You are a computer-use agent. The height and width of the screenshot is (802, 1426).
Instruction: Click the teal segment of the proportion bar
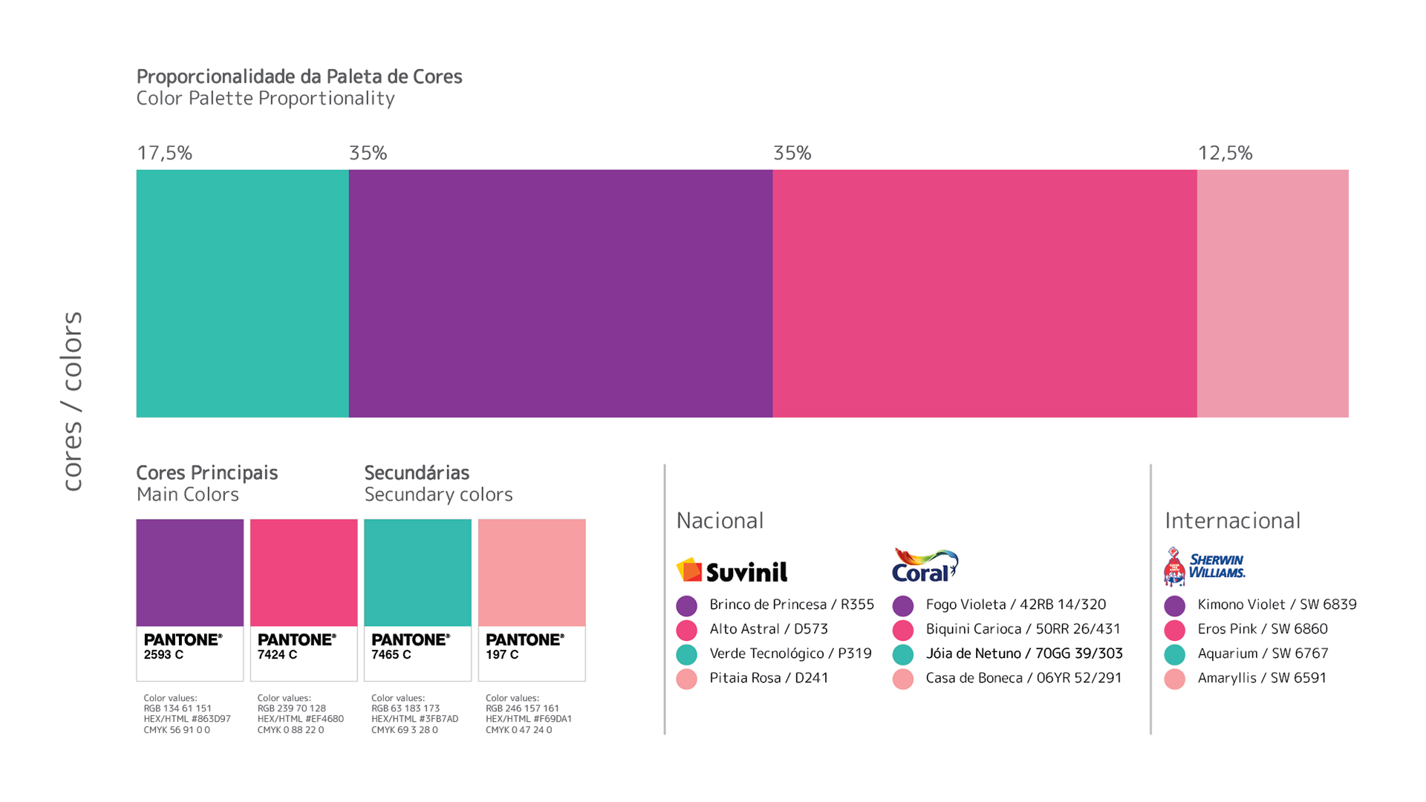(x=242, y=293)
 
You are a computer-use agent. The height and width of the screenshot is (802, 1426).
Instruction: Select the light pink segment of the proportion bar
(x=1272, y=293)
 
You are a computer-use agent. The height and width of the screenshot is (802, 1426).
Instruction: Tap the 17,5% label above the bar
(x=164, y=153)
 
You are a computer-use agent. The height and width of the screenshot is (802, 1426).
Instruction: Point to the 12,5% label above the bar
(x=1225, y=153)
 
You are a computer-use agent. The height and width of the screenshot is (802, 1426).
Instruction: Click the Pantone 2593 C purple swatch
(x=189, y=573)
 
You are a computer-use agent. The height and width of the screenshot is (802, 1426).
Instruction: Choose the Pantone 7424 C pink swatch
(x=304, y=573)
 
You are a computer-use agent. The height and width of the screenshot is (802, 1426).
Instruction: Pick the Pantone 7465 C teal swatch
(x=417, y=573)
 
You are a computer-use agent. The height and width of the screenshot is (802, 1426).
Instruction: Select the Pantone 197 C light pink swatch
(x=532, y=573)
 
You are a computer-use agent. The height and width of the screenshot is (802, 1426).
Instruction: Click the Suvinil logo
(x=732, y=570)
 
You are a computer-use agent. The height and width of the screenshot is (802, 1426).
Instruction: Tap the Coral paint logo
(x=925, y=566)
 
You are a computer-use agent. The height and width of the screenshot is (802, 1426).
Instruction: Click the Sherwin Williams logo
(x=1204, y=567)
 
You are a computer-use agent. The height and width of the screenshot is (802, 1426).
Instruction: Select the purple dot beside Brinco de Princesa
(x=686, y=606)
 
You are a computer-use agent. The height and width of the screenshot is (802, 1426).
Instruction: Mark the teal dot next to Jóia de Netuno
(x=902, y=654)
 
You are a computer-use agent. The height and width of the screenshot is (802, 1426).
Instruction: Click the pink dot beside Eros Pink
(x=1174, y=630)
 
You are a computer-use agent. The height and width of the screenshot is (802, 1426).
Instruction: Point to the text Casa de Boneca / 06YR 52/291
(x=1023, y=678)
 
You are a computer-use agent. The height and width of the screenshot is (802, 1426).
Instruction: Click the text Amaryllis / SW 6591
(x=1261, y=678)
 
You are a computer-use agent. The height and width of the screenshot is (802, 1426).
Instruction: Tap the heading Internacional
(x=1232, y=521)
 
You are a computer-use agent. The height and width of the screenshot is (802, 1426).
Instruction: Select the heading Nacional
(x=720, y=521)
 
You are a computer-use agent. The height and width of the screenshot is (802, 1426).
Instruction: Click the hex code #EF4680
(x=327, y=719)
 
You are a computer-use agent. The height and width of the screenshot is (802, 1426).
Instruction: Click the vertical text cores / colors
(x=72, y=401)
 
